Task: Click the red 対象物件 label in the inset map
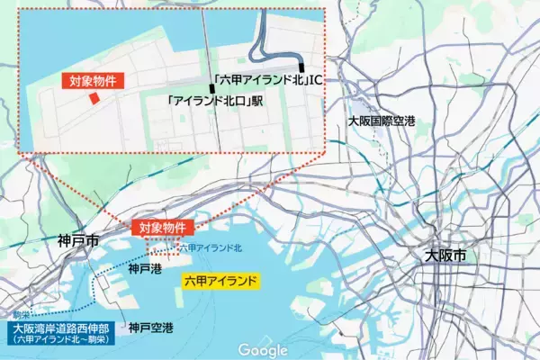tap(93, 80)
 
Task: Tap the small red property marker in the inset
tap(92, 100)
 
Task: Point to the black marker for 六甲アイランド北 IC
tap(302, 66)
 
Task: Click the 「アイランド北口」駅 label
tap(215, 102)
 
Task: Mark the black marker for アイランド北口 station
tap(212, 88)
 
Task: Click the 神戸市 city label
tap(76, 241)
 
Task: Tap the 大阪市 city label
tap(446, 256)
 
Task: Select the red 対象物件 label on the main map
tap(163, 228)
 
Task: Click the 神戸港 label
tap(144, 267)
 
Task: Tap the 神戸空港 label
tap(150, 328)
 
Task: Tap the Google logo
tap(263, 350)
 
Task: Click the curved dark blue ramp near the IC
tap(261, 40)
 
